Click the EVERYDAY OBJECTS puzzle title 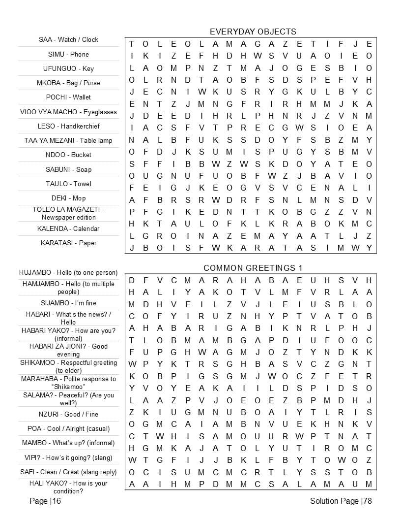click(x=253, y=32)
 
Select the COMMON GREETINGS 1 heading click(x=253, y=268)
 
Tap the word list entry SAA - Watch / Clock click(x=69, y=39)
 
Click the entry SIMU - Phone click(x=69, y=54)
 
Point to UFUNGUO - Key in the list click(x=69, y=68)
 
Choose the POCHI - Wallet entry click(x=69, y=97)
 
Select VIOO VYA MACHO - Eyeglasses click(x=69, y=112)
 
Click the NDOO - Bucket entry click(x=69, y=155)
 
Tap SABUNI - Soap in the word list click(x=69, y=169)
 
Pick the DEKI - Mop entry click(x=69, y=198)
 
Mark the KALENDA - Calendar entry click(x=69, y=228)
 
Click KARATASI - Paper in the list click(x=69, y=243)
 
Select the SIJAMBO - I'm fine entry click(x=69, y=303)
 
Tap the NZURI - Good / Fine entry click(x=69, y=414)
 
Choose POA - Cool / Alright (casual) click(x=69, y=428)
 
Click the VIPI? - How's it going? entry click(x=69, y=457)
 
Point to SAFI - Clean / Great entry click(x=69, y=472)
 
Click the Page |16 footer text click(x=45, y=501)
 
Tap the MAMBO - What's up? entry click(x=69, y=443)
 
